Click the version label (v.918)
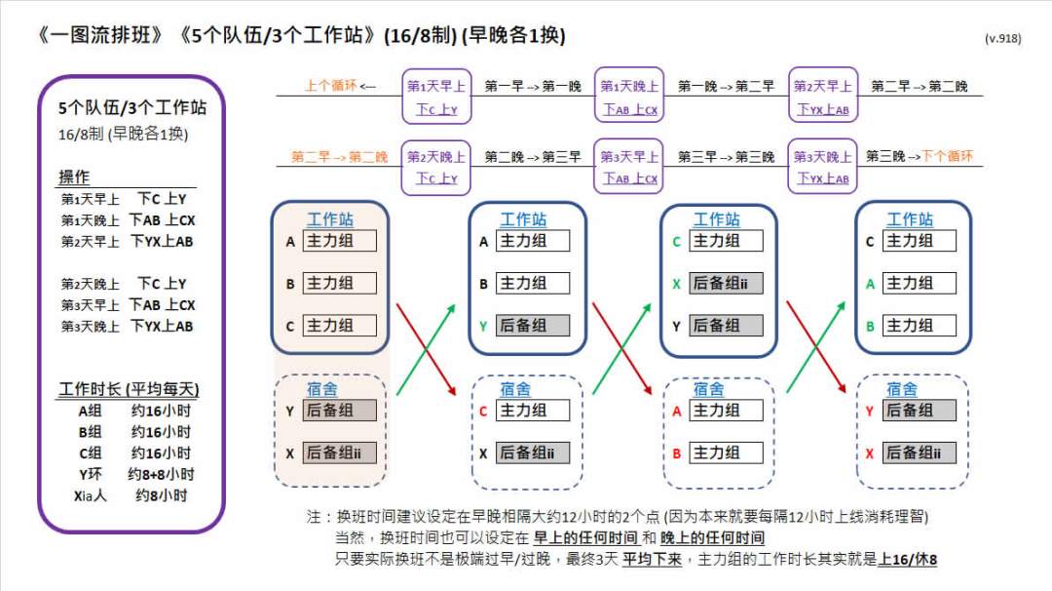(1002, 39)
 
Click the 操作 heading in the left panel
(74, 177)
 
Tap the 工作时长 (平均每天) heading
(129, 390)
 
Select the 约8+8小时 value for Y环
(161, 475)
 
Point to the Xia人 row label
(90, 495)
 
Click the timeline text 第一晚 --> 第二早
(726, 87)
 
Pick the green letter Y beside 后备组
(482, 327)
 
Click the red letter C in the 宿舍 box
(482, 412)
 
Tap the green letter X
(675, 284)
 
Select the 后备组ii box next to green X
(726, 284)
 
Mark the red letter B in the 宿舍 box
(676, 453)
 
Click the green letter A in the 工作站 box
(870, 284)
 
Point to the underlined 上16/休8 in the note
(907, 560)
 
